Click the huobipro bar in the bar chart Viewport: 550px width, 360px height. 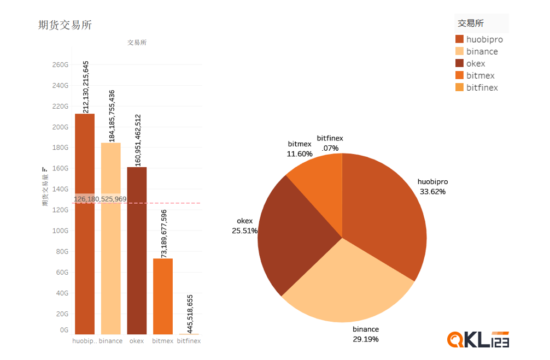click(85, 246)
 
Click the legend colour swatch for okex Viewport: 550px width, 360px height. click(459, 63)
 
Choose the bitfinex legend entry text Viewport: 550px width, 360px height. click(482, 87)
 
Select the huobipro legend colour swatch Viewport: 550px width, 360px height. click(459, 39)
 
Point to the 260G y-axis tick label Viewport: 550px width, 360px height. click(60, 64)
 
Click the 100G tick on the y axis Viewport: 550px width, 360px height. click(60, 231)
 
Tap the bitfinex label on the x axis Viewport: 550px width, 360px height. click(189, 341)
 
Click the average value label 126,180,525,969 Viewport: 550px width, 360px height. click(100, 199)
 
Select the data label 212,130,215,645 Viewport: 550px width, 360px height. click(86, 87)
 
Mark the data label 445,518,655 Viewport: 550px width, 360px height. click(190, 314)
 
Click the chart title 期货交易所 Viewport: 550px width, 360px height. click(65, 25)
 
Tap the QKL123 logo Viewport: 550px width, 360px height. click(478, 339)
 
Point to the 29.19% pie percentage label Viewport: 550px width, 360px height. click(366, 339)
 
